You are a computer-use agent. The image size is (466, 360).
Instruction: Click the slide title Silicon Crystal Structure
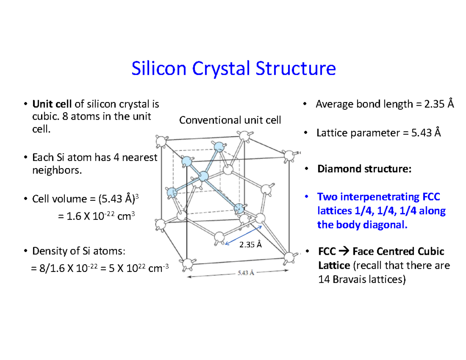(233, 69)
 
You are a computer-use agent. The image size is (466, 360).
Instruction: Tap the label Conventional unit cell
(230, 120)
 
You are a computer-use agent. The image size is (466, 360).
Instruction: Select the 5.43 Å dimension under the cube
(245, 273)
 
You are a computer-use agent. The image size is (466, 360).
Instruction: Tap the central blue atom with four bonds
(203, 177)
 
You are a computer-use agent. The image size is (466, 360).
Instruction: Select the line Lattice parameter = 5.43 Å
(379, 133)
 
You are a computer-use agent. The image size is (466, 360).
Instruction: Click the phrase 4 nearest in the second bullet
(134, 158)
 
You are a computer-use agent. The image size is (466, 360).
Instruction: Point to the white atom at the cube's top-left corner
(160, 140)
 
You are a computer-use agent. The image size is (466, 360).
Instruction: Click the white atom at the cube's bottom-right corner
(289, 256)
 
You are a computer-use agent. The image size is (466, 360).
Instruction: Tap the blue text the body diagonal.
(363, 225)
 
